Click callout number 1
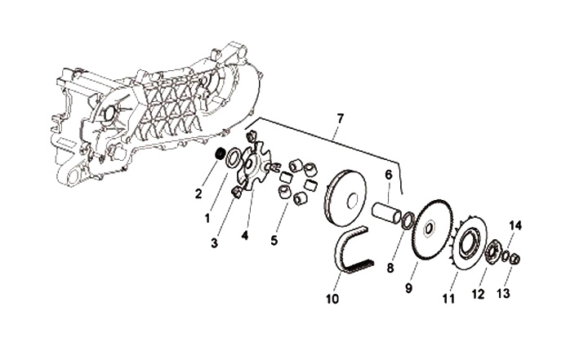207,219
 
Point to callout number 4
243,237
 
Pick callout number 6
390,175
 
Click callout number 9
410,287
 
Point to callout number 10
332,300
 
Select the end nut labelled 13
516,260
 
